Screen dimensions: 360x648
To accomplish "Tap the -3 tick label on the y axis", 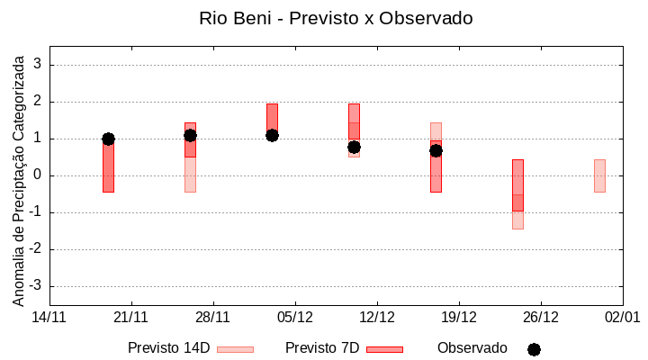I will coord(35,286).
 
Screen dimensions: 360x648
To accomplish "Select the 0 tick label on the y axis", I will coord(38,175).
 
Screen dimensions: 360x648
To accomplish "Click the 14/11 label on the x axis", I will coord(49,318).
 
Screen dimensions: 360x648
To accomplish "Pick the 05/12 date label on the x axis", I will coord(295,318).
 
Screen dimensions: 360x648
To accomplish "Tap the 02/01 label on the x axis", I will coord(622,318).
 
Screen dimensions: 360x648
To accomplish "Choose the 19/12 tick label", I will coord(459,318).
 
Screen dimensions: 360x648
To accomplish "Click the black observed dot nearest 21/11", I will coord(108,139).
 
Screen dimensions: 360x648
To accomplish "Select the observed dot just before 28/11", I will coord(190,135).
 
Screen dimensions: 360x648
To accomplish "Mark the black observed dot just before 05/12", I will coord(272,135).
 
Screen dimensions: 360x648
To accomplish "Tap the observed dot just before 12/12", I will coord(354,147).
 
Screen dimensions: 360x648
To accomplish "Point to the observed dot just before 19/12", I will coord(436,150).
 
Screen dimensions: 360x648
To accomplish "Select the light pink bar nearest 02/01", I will coord(599,175).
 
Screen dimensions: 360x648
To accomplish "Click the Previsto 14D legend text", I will coord(168,348).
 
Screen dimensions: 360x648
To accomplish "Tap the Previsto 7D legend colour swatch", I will coord(384,349).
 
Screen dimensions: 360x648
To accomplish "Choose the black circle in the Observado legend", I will coord(534,349).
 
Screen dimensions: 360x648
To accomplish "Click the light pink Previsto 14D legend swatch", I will coord(235,349).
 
